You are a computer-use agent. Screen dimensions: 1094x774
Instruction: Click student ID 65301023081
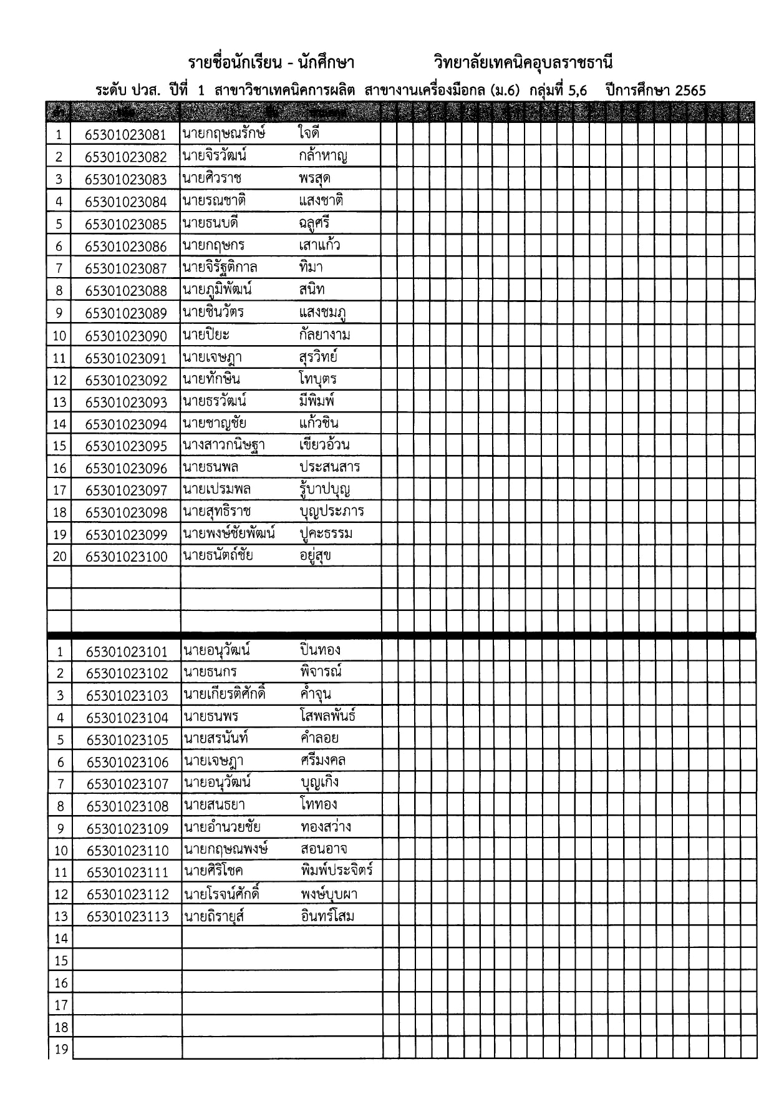point(126,135)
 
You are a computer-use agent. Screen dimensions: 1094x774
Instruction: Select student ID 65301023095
point(126,446)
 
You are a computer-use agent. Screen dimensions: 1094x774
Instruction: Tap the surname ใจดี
point(309,133)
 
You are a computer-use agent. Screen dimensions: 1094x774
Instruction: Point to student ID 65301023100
point(126,557)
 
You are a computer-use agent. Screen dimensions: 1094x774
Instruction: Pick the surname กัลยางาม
point(324,335)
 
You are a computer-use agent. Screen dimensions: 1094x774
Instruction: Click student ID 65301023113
point(127,917)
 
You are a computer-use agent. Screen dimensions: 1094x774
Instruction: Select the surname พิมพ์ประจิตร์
point(336,871)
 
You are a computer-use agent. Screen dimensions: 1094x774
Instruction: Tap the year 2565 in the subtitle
point(690,90)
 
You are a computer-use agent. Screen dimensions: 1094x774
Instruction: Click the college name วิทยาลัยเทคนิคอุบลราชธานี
point(523,63)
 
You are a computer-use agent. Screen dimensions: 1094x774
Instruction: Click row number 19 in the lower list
point(60,1049)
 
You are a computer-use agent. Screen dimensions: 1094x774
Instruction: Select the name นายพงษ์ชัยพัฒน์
point(229,534)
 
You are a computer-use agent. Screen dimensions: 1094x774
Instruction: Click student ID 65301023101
point(127,652)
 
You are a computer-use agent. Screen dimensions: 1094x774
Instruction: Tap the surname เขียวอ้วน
point(324,445)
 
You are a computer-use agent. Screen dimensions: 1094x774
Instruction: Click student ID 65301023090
point(126,336)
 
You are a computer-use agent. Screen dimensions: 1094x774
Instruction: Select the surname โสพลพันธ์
point(327,716)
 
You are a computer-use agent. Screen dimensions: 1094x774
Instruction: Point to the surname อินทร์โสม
point(327,916)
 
